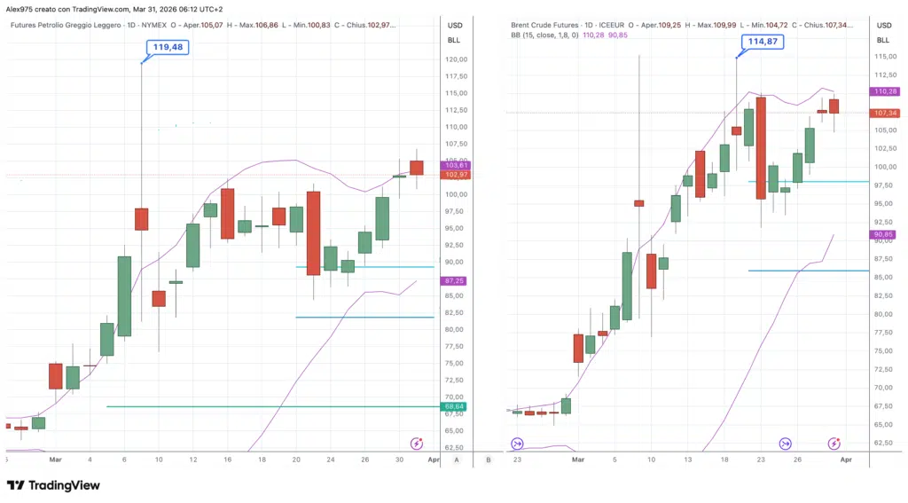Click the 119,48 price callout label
click(x=168, y=47)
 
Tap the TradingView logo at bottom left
click(x=53, y=485)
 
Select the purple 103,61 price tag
click(x=458, y=165)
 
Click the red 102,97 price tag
click(x=458, y=175)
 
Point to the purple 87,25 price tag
click(x=458, y=280)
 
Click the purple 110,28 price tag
click(x=884, y=91)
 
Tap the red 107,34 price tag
click(x=884, y=114)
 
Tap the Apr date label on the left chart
click(x=433, y=460)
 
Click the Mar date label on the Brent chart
click(x=578, y=460)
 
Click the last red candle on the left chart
click(x=417, y=168)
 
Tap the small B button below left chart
click(x=489, y=460)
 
